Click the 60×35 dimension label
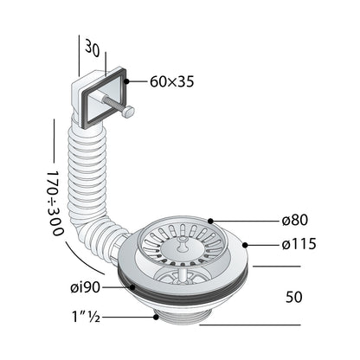(x=172, y=82)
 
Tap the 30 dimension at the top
(x=93, y=48)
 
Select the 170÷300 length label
(x=55, y=203)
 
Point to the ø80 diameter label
(x=295, y=221)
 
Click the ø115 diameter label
(x=299, y=244)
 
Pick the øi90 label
(x=86, y=287)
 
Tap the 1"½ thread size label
(x=86, y=317)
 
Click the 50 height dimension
(x=294, y=297)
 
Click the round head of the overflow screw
(x=128, y=112)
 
